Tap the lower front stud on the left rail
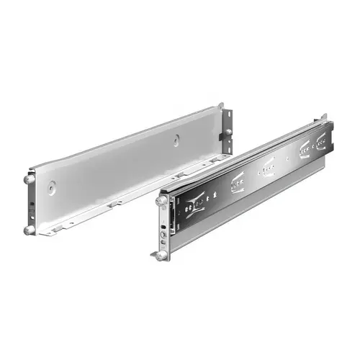[28, 230]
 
